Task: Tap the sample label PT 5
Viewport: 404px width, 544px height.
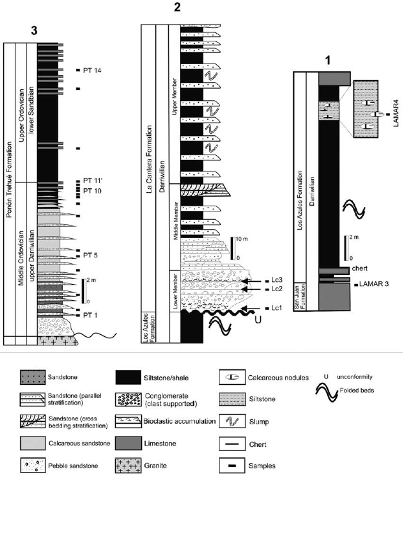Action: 91,255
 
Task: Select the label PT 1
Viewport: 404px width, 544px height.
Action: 91,315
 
